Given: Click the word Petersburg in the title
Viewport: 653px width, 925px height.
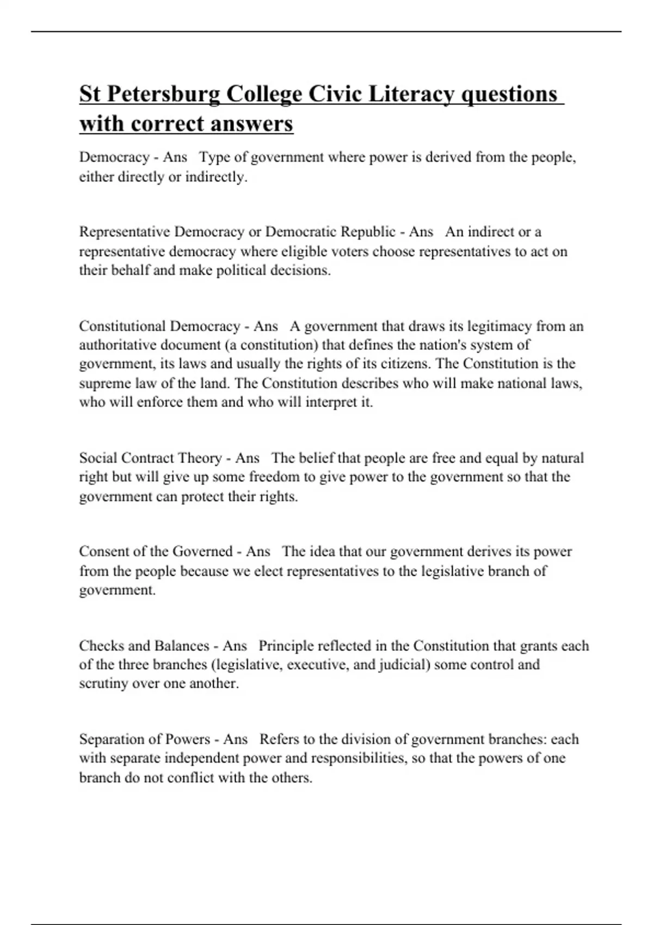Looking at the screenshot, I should [x=163, y=94].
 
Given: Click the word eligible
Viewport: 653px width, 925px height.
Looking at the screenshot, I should [x=303, y=252].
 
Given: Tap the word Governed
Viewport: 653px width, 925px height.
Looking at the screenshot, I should [x=202, y=552].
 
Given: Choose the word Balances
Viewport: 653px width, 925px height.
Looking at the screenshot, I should [x=182, y=646].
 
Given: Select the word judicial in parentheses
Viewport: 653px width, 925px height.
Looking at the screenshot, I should [x=403, y=665].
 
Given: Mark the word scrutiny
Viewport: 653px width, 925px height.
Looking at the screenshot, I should [x=103, y=684].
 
